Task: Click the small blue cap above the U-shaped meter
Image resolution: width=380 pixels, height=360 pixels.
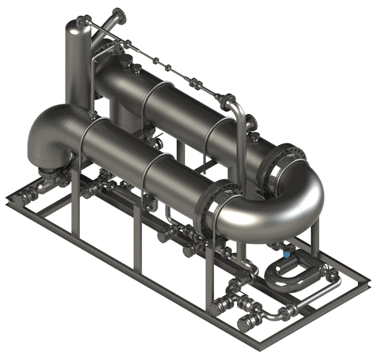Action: (x=286, y=255)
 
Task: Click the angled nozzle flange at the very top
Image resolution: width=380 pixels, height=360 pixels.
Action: (x=117, y=15)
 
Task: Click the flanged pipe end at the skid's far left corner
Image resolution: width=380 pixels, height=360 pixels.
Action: (x=18, y=198)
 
